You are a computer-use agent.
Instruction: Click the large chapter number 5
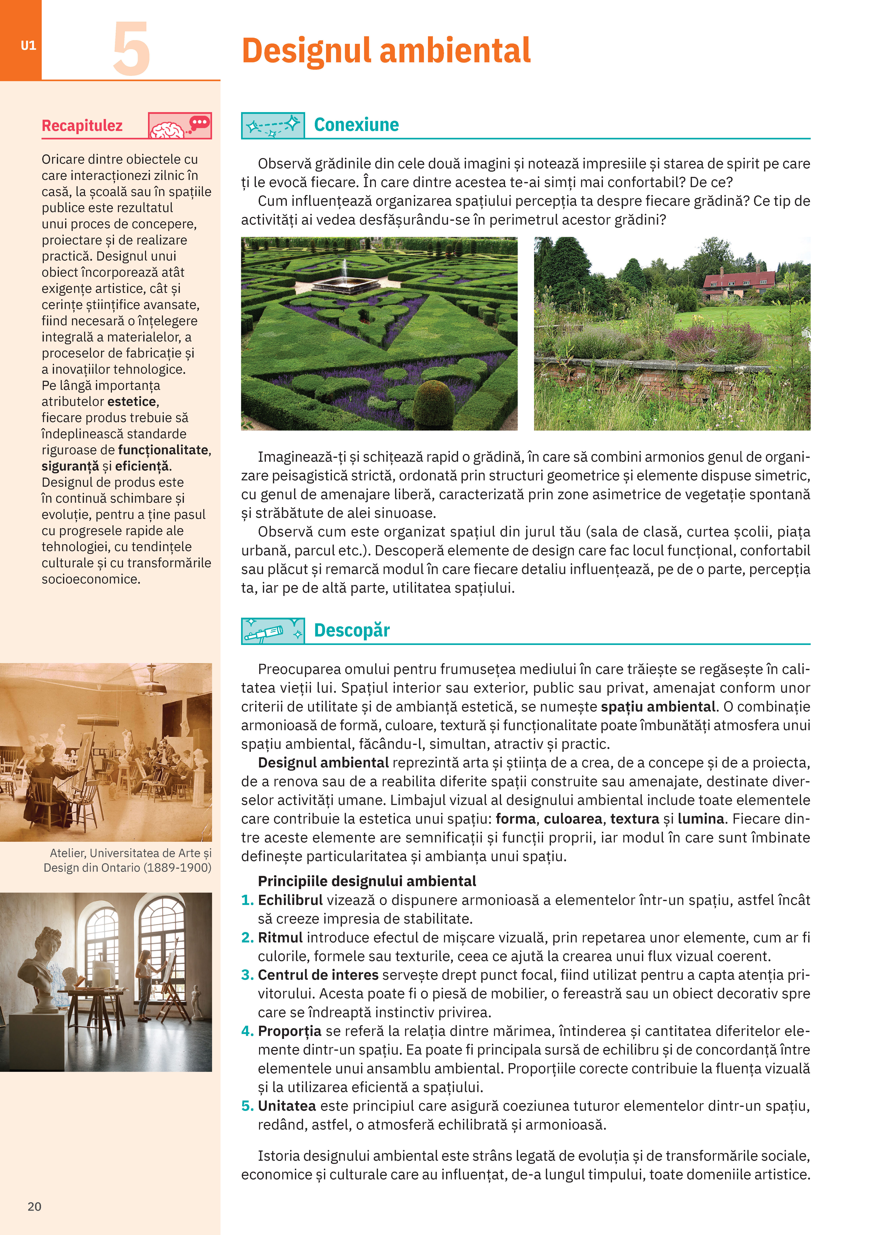[x=131, y=49]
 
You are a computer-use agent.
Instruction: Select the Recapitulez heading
[x=82, y=126]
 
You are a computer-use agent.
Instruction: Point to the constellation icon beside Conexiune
[x=273, y=125]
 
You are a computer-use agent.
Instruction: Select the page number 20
[x=34, y=1206]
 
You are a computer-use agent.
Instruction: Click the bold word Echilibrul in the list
[x=290, y=900]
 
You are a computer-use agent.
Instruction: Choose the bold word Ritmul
[x=280, y=938]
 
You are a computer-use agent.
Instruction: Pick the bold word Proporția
[x=289, y=1031]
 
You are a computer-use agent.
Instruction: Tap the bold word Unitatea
[x=287, y=1106]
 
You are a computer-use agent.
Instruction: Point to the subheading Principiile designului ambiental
[x=367, y=881]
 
